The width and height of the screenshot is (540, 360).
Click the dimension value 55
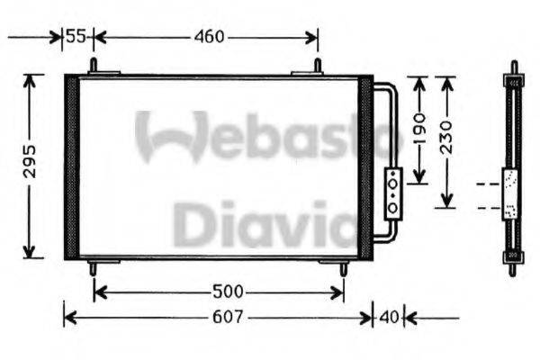(x=77, y=37)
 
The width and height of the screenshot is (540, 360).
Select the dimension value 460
(x=209, y=37)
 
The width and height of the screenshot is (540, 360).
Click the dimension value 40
(x=389, y=318)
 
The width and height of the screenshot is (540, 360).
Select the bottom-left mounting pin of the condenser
(x=93, y=267)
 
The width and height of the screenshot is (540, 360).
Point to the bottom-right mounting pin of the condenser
(x=342, y=267)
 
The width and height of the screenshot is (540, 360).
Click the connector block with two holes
(x=393, y=192)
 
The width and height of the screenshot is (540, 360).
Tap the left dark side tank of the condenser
(x=72, y=167)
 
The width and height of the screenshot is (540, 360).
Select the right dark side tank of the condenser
(x=365, y=167)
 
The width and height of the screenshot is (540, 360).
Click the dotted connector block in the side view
(x=511, y=193)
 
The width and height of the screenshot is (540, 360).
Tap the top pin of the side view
(x=513, y=67)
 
